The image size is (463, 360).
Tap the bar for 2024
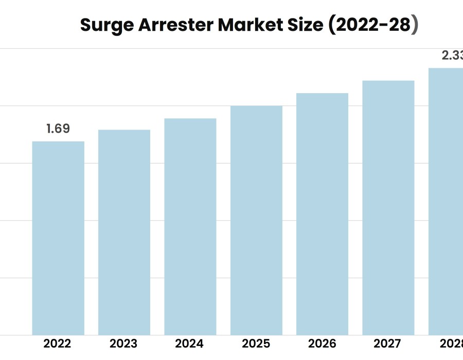coord(190,227)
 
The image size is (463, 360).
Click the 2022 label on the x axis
coord(57,344)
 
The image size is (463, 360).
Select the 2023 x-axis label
coord(123,344)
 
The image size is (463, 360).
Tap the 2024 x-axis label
coord(189,344)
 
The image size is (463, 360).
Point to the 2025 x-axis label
coord(256,344)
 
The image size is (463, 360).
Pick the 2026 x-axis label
coord(322,344)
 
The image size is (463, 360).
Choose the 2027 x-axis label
coord(388,344)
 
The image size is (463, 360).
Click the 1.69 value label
coord(58,129)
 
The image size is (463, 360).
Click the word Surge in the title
coord(104,25)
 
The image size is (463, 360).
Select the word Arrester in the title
coord(171,25)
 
